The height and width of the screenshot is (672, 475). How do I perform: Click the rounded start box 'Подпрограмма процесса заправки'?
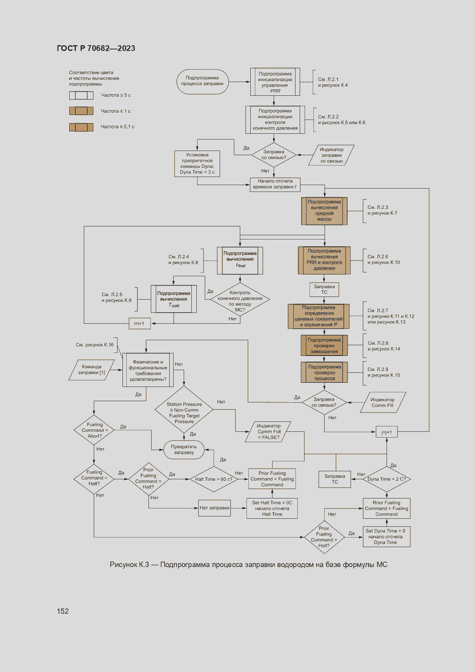202,82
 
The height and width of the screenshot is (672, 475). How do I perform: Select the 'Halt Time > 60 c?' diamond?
214,479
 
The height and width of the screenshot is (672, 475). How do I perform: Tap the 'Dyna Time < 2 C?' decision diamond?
387,479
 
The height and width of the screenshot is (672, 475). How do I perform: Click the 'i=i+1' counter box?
139,323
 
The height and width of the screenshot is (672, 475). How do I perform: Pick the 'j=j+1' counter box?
387,432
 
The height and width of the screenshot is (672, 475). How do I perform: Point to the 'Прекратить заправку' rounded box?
184,449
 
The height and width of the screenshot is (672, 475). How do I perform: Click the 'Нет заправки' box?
214,508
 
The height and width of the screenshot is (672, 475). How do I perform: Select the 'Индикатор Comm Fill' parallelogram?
382,402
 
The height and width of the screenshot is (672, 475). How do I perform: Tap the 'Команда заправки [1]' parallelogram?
91,370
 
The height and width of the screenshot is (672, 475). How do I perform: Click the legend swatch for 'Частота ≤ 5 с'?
81,95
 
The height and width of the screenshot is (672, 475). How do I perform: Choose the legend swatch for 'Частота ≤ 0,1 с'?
81,127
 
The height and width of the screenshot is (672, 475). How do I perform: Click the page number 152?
63,611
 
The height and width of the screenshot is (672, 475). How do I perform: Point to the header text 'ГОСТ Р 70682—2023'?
96,48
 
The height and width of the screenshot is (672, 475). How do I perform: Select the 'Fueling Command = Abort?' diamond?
94,430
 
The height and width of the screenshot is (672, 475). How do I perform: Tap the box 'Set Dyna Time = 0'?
386,536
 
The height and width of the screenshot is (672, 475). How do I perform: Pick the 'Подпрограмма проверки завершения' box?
324,346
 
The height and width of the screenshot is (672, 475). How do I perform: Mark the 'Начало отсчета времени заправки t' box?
275,184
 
